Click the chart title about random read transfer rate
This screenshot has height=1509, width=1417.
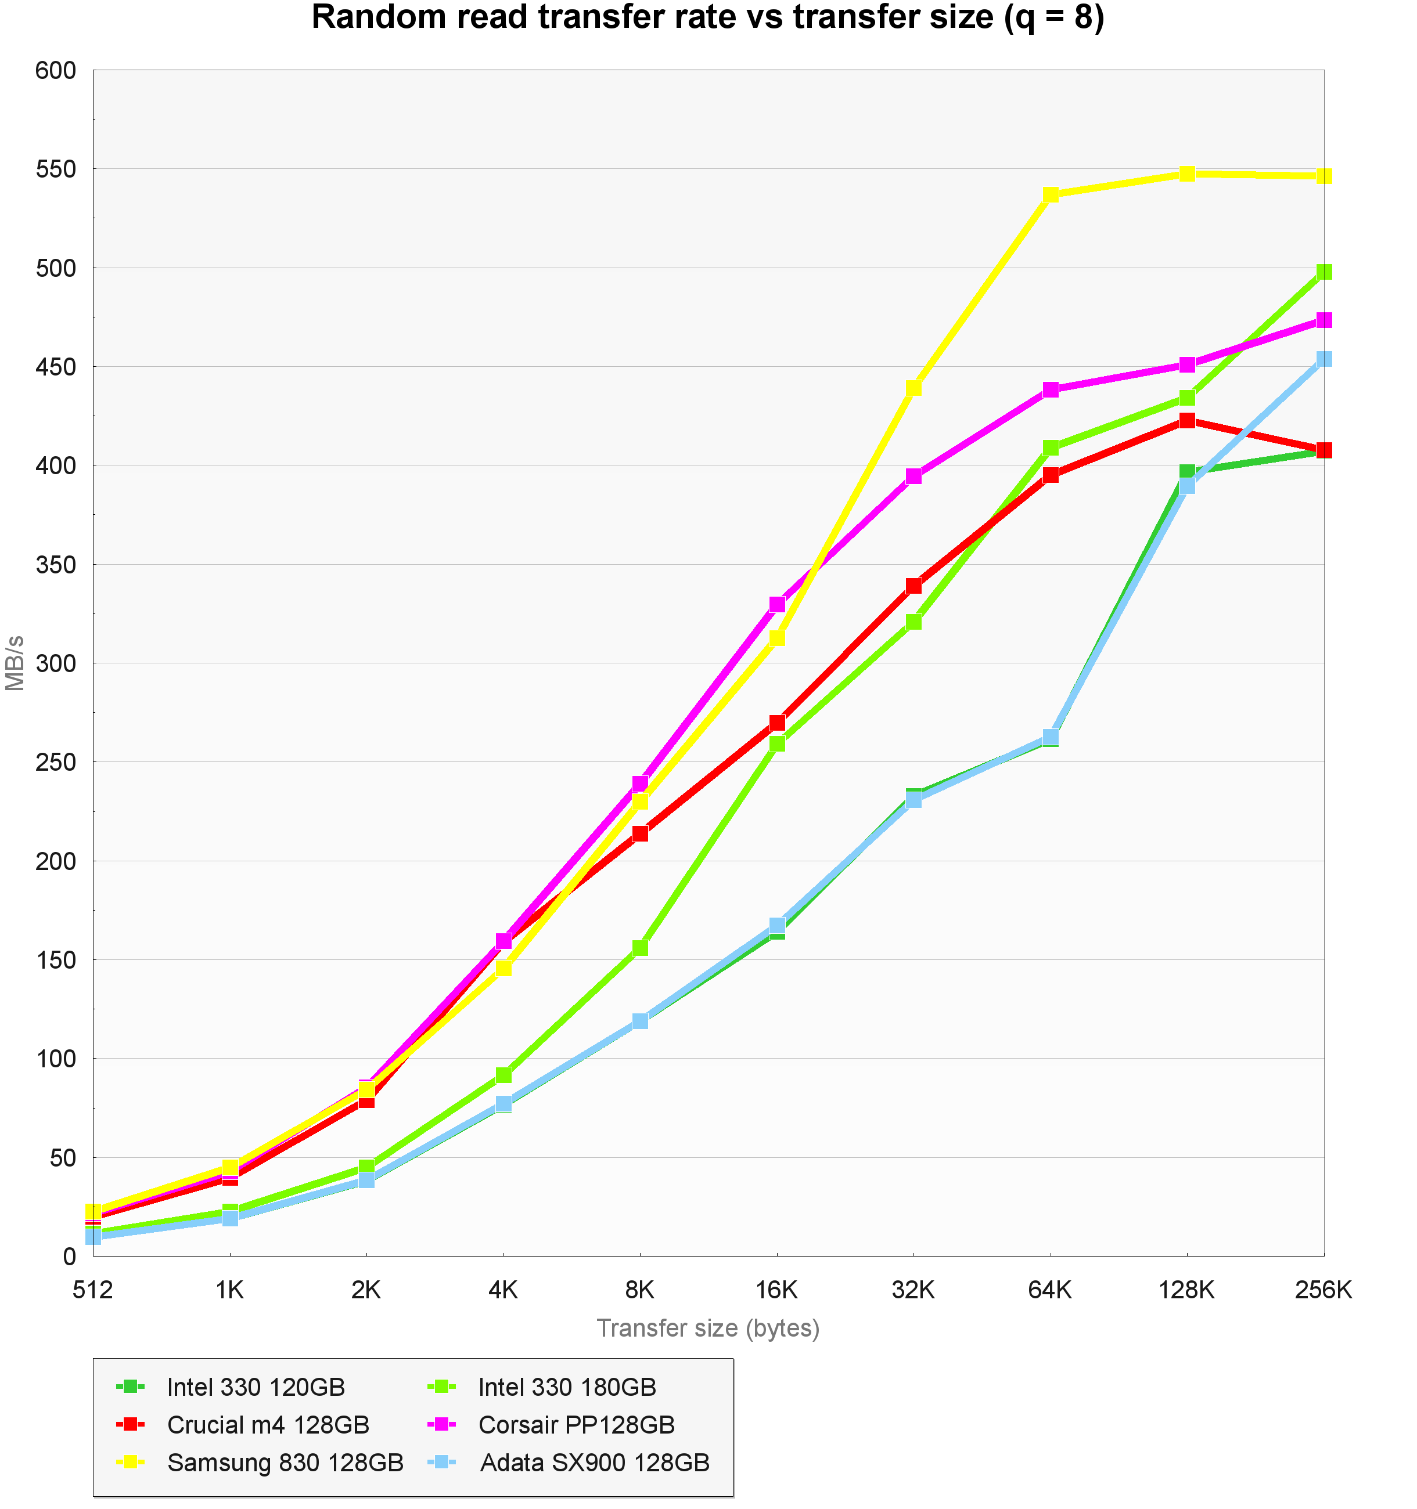click(708, 18)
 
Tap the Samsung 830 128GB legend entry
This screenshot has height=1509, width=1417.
click(285, 1462)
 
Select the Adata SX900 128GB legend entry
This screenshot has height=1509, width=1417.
click(594, 1462)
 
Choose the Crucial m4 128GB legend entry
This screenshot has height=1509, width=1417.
click(267, 1424)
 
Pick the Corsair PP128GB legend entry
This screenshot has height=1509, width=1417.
click(576, 1424)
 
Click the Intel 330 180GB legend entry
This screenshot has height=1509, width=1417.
click(566, 1387)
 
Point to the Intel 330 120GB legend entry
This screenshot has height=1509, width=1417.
click(255, 1387)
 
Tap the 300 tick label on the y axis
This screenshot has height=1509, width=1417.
click(56, 663)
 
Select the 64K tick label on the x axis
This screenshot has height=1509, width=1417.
click(1050, 1290)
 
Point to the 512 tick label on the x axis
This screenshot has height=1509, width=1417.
click(93, 1290)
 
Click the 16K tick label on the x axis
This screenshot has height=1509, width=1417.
click(777, 1290)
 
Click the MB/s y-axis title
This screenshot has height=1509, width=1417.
click(15, 663)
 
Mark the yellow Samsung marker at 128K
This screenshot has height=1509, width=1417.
click(1187, 174)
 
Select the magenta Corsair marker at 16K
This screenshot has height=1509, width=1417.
click(777, 604)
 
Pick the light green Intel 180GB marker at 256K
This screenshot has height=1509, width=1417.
click(1324, 272)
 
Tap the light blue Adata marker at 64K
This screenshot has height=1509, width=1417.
click(1050, 737)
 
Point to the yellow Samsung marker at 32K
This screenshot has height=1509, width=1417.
click(914, 388)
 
